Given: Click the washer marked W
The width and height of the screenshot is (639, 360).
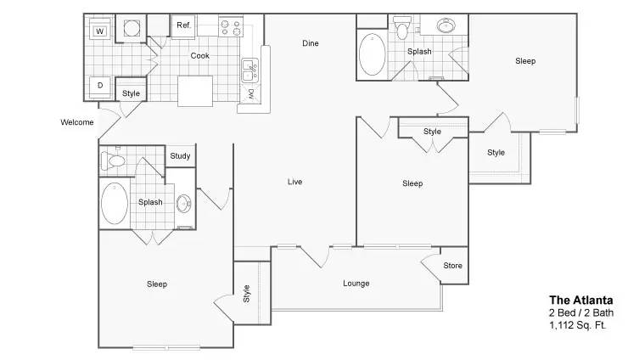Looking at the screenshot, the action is (x=100, y=29).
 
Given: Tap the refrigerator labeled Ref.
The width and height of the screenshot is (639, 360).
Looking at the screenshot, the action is (x=184, y=27).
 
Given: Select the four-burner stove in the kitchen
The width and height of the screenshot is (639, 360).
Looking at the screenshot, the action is (x=231, y=27).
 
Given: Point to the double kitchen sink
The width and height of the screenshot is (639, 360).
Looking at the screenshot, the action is (x=249, y=71).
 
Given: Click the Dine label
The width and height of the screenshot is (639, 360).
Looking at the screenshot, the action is (x=311, y=43).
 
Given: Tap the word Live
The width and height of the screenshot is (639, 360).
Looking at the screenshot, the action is (x=294, y=182).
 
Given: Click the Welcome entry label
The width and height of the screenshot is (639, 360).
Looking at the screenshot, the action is (x=77, y=122).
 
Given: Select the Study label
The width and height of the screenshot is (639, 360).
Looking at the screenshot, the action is (x=180, y=156).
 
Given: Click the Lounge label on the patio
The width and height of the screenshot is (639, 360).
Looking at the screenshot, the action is (x=356, y=284).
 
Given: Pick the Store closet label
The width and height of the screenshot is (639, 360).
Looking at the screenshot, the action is (x=453, y=266).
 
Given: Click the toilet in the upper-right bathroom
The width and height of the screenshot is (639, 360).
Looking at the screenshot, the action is (x=402, y=27).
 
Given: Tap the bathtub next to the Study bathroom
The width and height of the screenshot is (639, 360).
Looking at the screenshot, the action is (x=114, y=204).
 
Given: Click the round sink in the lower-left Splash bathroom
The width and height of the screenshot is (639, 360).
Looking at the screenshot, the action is (x=184, y=204).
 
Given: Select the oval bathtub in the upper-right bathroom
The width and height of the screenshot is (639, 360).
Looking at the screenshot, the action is (x=372, y=54).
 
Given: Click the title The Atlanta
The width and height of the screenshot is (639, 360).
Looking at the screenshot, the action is (x=581, y=301).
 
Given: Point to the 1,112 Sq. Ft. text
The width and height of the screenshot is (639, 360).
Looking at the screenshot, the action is (x=578, y=325).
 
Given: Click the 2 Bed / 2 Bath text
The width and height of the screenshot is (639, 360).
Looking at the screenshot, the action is (x=581, y=313).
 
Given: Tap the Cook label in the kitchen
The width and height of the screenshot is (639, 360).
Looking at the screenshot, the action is (x=200, y=56).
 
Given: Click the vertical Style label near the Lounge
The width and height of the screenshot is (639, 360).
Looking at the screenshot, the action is (x=247, y=294).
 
